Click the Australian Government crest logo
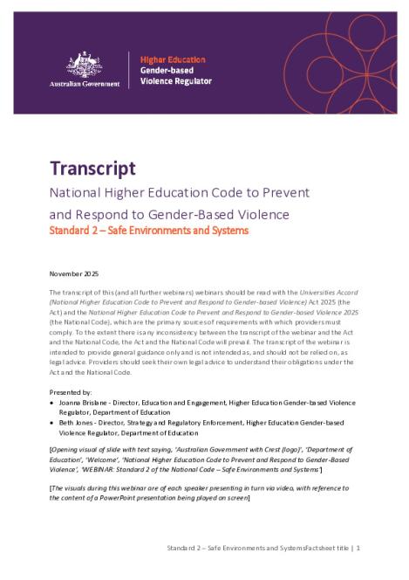[x=85, y=62]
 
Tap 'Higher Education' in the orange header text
[x=168, y=55]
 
